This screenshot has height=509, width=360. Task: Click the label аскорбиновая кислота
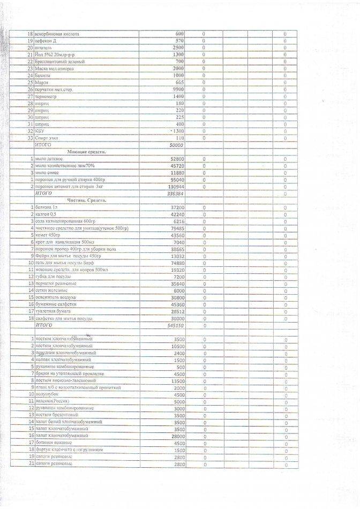57,34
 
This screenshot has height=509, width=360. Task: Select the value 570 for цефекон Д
179,41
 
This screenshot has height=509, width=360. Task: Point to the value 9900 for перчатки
178,89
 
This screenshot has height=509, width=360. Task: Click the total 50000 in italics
176,145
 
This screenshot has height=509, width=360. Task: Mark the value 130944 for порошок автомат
176,187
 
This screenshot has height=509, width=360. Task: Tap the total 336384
176,194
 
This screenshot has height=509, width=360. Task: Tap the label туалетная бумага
53,311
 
